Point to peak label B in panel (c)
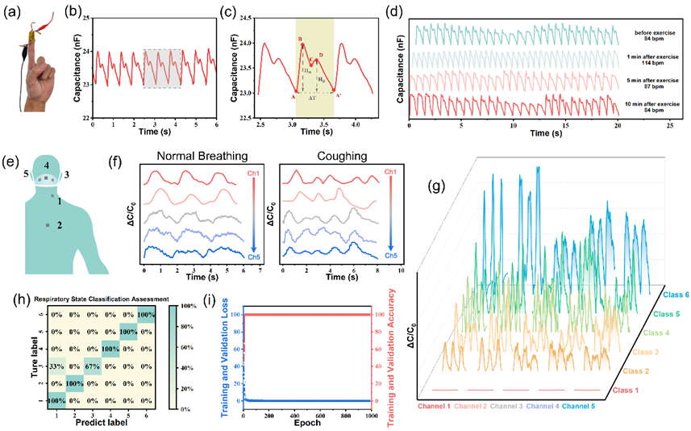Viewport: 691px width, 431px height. point(300,39)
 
